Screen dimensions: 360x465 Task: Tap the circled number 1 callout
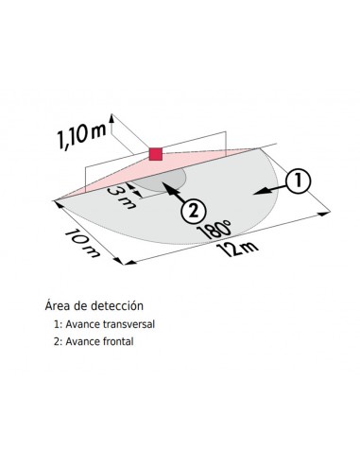click(x=296, y=180)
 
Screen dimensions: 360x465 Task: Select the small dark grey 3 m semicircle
click(x=170, y=181)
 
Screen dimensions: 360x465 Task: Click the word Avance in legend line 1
click(x=83, y=323)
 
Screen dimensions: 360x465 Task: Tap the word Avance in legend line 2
click(x=83, y=340)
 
